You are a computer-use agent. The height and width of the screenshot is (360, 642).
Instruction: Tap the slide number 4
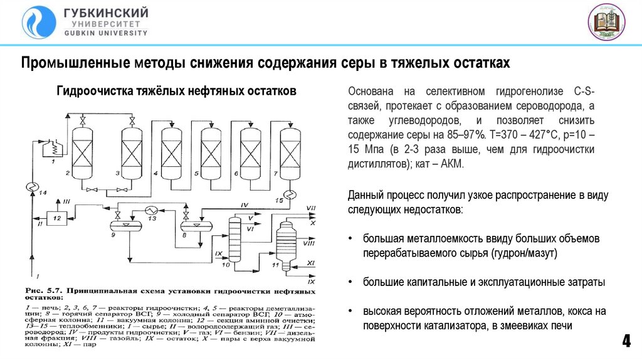pyautogui.click(x=625, y=342)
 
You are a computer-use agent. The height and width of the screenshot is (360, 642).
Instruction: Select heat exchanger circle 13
pyautogui.click(x=150, y=209)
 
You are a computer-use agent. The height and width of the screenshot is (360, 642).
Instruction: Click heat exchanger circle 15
pyautogui.click(x=289, y=193)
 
